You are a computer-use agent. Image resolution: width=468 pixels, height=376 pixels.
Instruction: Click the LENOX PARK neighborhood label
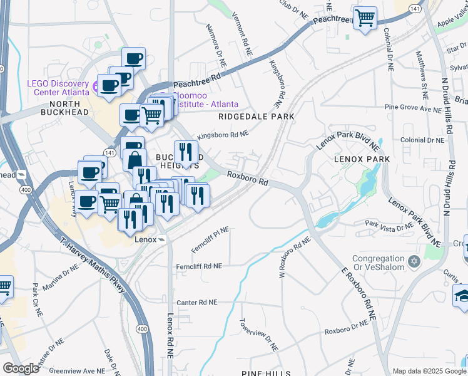[x=362, y=159]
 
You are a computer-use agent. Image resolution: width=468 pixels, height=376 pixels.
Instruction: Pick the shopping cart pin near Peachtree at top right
[x=364, y=17]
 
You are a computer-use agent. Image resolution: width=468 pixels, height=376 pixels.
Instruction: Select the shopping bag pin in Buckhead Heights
[x=135, y=159]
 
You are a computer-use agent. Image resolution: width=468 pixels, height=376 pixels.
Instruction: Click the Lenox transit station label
[x=145, y=239]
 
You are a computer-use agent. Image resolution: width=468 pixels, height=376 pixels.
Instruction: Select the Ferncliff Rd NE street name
[x=198, y=266]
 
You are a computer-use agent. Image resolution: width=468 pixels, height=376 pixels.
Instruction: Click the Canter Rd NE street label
[x=197, y=302]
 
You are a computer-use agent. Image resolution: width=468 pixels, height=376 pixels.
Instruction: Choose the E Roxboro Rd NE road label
[x=358, y=285]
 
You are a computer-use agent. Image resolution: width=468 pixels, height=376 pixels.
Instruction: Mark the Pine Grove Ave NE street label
[x=413, y=108]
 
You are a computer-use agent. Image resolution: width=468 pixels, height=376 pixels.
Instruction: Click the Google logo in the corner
[x=21, y=368]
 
